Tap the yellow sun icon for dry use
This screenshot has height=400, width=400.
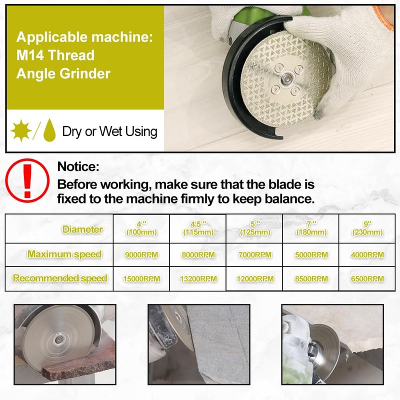coord(21,131)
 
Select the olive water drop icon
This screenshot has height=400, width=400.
coord(49,131)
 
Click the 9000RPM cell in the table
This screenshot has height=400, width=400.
coord(141,254)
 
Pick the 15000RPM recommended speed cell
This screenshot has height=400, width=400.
coord(141,278)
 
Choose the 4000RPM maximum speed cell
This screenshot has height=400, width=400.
coord(367,254)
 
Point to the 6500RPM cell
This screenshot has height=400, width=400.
coord(367,278)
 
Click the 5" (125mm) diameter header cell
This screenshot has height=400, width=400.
coord(254,229)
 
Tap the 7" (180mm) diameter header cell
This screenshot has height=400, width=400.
coord(311,229)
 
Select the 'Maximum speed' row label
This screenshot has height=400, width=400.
coord(64,254)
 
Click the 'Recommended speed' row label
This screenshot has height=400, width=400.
coord(60,278)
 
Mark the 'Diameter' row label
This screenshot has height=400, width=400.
coord(82,229)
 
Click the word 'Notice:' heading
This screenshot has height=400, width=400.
coord(78,166)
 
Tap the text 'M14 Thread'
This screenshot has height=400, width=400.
coord(55,55)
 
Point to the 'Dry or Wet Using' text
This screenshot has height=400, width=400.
coord(109,131)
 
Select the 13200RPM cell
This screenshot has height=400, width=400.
coord(197,278)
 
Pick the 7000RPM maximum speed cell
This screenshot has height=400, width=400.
coord(254,254)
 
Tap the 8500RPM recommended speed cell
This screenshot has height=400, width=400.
coord(311,278)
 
